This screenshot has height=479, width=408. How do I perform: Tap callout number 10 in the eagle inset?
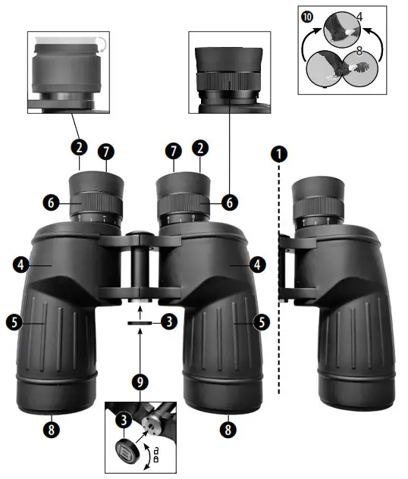[x=306, y=15]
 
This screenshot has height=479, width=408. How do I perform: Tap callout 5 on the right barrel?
[x=262, y=321]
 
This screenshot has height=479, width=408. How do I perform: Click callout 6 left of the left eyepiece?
[x=50, y=203]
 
